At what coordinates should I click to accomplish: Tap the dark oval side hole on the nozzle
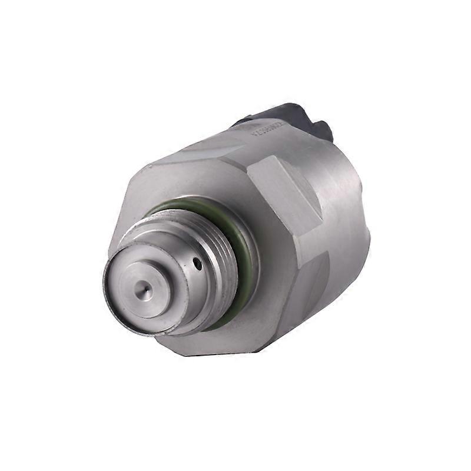198,264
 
